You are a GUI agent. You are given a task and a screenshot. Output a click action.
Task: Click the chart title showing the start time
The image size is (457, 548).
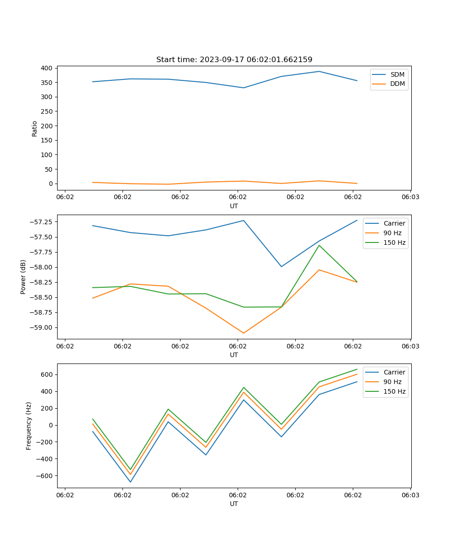point(234,60)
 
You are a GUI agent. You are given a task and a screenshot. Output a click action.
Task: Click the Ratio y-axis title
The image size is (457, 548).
point(35,128)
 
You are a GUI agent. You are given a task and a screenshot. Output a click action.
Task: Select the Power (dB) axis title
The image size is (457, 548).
point(23,277)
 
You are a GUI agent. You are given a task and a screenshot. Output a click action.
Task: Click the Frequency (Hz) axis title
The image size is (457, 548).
point(29,426)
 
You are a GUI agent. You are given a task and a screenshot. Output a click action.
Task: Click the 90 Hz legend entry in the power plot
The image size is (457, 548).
point(392,233)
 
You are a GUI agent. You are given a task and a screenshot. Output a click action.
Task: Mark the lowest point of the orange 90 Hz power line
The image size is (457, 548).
point(244,333)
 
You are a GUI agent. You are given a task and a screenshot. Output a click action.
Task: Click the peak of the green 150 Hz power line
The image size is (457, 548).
point(319,245)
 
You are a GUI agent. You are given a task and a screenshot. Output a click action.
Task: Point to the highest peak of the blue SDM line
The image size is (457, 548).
point(319,71)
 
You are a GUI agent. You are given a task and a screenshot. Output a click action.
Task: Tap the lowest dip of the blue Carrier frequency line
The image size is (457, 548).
point(130,482)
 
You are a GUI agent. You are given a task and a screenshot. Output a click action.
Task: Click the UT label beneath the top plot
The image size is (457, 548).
point(234,206)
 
